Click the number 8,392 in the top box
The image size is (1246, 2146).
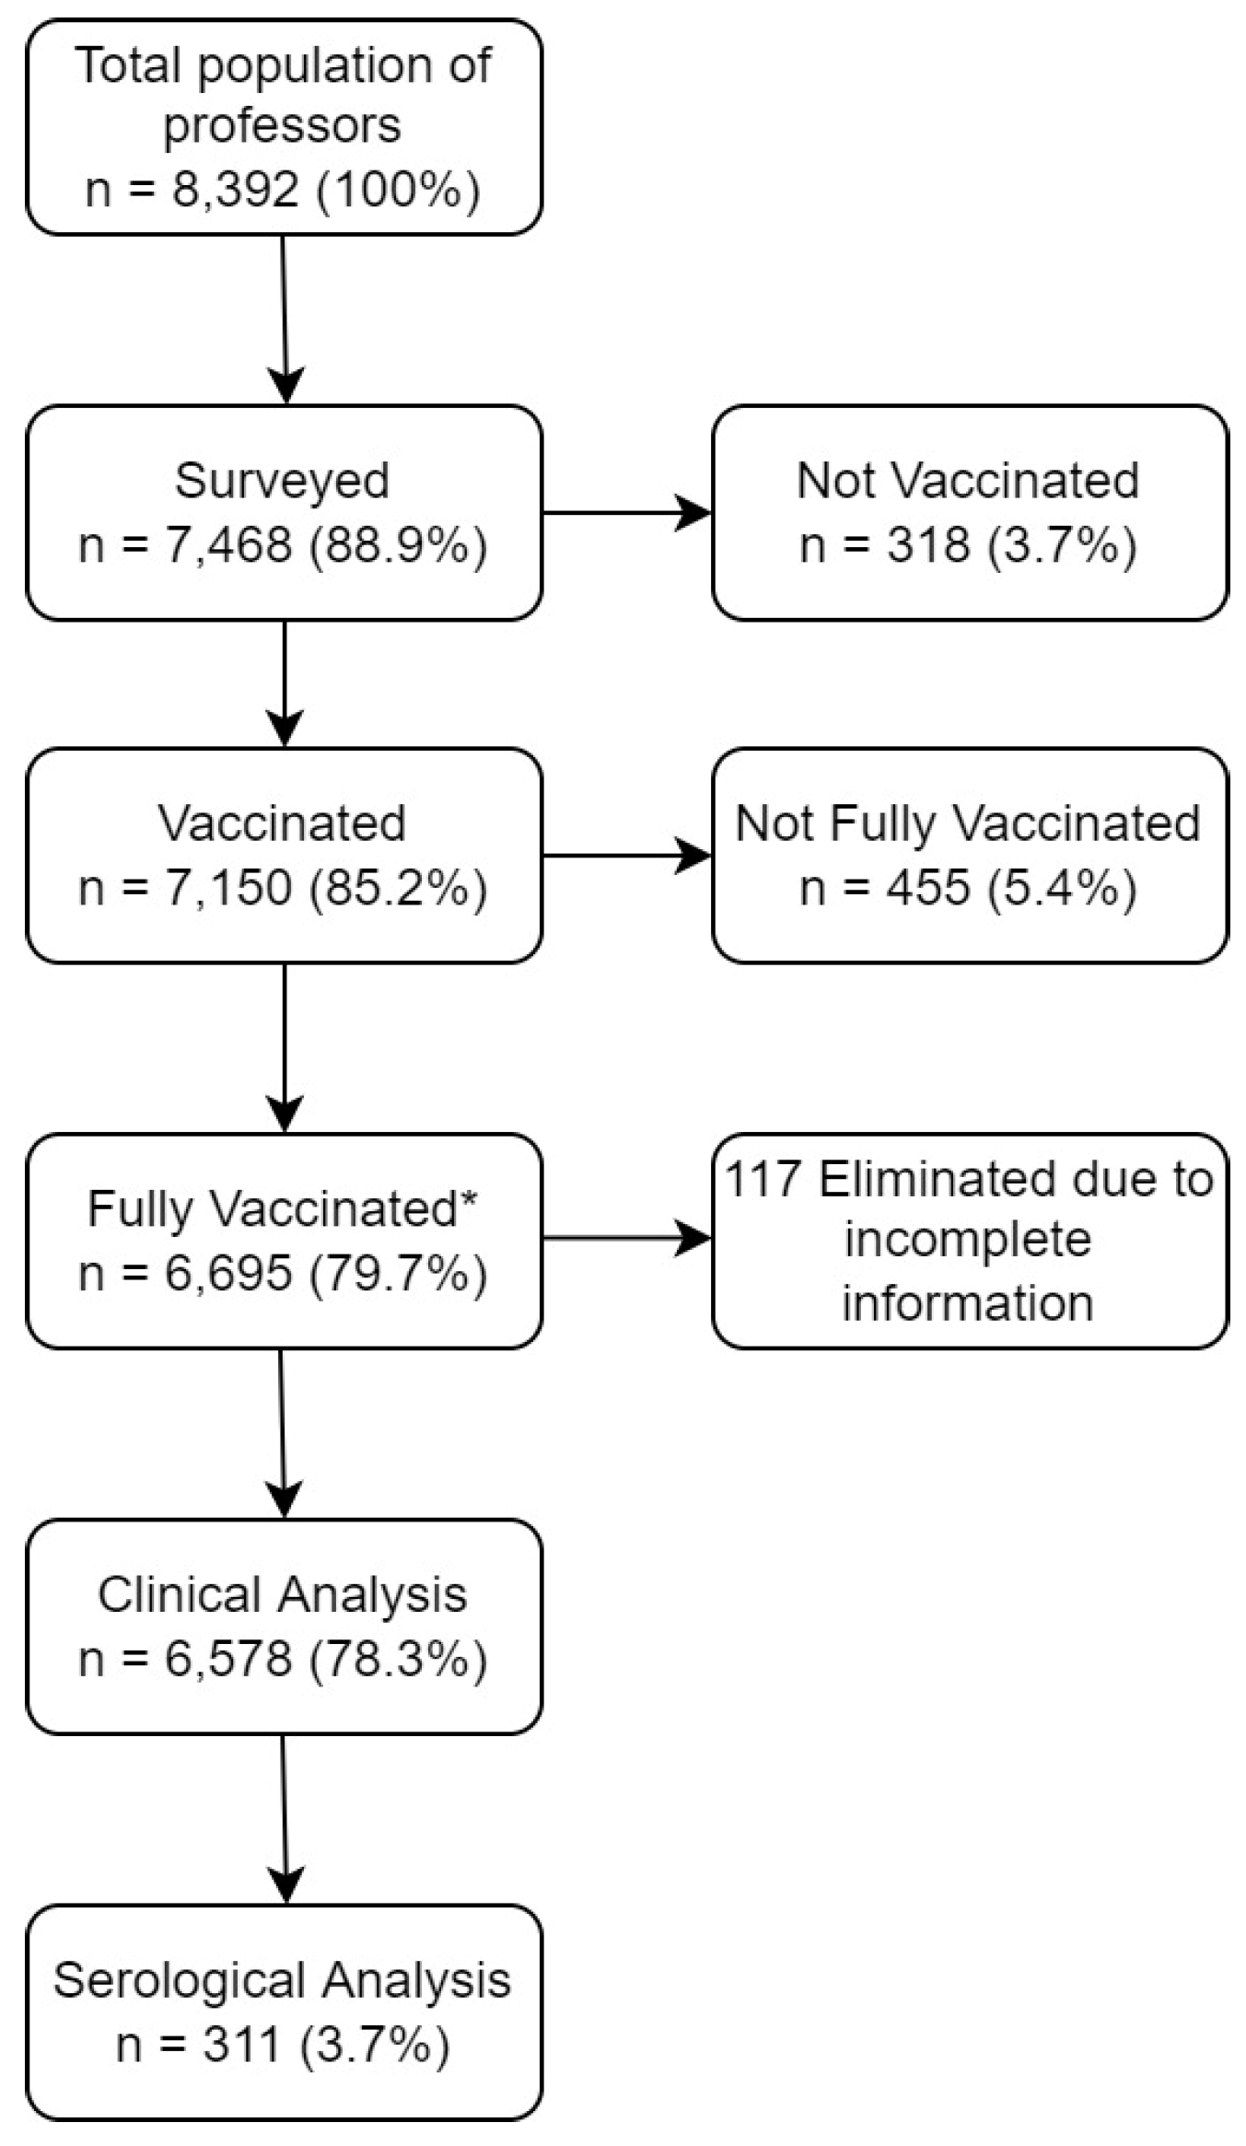(234, 190)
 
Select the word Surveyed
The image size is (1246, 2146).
(282, 481)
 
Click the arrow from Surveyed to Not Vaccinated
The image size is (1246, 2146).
(626, 513)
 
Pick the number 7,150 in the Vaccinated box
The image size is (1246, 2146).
(227, 888)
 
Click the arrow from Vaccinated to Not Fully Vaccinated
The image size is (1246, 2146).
(626, 856)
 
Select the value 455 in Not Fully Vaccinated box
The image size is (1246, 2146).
(927, 888)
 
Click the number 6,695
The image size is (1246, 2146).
(227, 1274)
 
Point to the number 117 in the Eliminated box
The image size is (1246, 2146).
(762, 1179)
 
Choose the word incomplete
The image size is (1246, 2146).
(967, 1240)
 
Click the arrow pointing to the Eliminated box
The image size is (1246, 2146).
(626, 1239)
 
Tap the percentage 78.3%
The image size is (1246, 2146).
(398, 1659)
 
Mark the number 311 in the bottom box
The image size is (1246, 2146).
(241, 2045)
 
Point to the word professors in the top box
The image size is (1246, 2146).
(282, 127)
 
